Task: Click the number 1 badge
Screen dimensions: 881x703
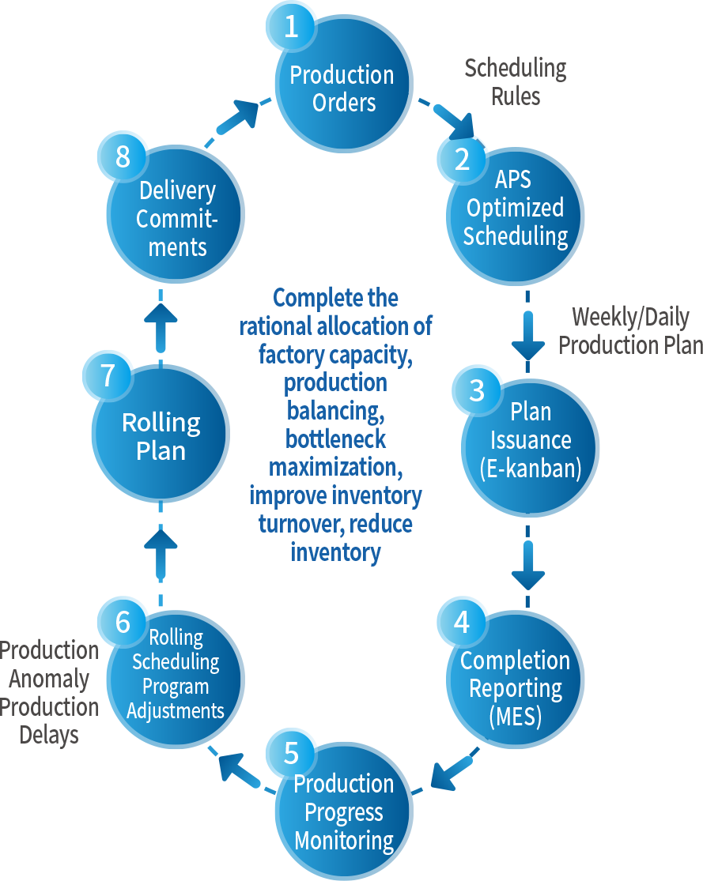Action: tap(290, 28)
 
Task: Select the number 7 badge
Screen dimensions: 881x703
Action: tap(108, 375)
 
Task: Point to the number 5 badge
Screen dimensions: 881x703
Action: tap(290, 753)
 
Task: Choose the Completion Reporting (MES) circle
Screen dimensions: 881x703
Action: tap(516, 687)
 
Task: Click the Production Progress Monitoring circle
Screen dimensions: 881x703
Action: tap(345, 814)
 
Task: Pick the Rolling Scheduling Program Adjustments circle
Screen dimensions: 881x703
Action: tap(176, 676)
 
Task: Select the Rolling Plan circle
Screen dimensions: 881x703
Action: tap(161, 436)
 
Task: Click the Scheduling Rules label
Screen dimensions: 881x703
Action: tap(516, 82)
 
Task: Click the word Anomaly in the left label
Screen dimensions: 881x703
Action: tap(49, 680)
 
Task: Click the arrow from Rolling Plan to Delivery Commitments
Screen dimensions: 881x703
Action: tap(161, 324)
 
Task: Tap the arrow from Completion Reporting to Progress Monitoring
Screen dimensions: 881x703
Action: tap(455, 770)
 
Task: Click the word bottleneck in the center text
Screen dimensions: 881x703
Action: tap(337, 439)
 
